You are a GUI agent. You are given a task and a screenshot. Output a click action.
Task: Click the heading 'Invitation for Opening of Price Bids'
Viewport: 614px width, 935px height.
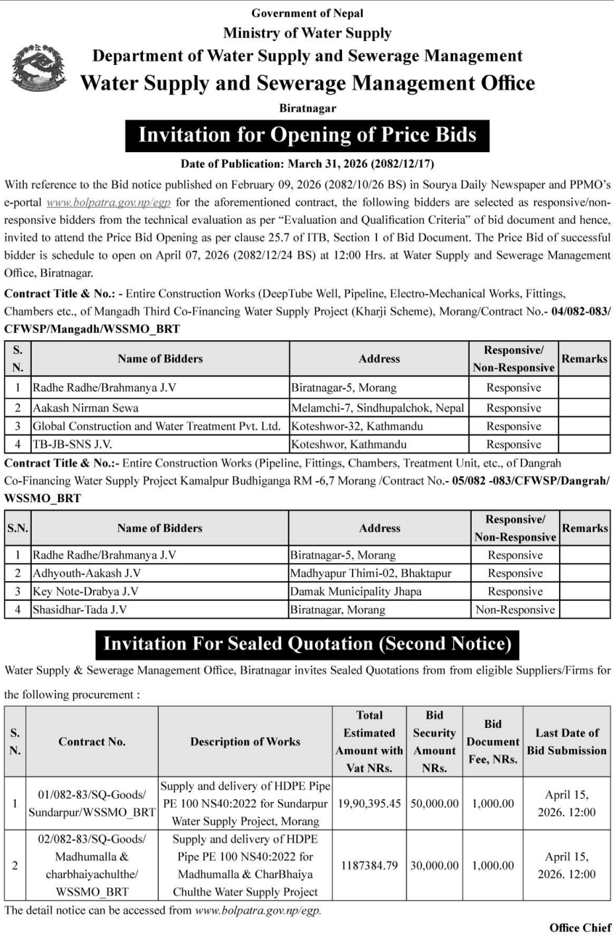(307, 135)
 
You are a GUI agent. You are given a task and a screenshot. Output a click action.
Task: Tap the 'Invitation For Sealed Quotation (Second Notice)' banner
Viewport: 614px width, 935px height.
(308, 644)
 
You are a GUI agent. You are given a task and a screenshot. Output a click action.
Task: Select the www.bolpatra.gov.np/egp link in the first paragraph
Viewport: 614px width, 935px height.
(109, 202)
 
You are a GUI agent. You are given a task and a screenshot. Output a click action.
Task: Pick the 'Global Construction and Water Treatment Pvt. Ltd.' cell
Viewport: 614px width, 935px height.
(157, 426)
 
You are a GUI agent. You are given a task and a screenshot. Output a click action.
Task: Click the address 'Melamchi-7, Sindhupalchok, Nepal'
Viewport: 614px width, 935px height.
(378, 408)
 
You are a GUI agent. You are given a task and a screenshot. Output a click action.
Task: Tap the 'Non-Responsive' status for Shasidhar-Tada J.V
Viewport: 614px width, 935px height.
(515, 609)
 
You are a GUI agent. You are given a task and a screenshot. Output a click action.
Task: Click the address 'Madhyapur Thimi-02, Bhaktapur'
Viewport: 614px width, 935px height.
(371, 573)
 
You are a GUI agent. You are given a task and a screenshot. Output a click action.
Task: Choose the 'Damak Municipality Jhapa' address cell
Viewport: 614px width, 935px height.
(355, 592)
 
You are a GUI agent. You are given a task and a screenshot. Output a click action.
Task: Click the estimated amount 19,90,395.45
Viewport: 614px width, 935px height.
(369, 803)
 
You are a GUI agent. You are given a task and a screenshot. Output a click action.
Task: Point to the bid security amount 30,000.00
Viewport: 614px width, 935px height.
(434, 865)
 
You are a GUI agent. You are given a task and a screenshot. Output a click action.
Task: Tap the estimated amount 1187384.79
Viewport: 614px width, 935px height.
(369, 865)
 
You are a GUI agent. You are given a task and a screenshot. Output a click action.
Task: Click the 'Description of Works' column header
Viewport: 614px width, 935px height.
(245, 742)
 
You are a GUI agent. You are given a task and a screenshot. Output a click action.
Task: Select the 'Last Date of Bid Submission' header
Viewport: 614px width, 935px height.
(566, 742)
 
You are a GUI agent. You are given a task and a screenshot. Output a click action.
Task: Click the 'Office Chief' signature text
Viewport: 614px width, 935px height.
(580, 927)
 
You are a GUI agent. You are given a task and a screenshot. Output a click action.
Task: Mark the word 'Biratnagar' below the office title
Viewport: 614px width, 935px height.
(307, 108)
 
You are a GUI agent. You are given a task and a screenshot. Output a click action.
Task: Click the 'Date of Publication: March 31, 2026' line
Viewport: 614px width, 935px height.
(307, 163)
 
